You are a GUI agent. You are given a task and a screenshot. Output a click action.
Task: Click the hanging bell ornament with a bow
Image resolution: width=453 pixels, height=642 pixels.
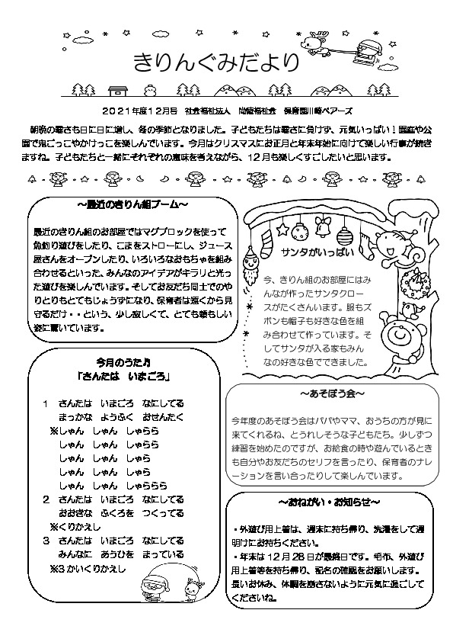pos(321,226)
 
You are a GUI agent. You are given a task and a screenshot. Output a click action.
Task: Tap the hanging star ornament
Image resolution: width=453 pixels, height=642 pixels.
pos(282,228)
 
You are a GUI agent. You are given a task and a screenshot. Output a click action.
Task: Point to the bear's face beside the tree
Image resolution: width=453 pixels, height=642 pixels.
pos(397,335)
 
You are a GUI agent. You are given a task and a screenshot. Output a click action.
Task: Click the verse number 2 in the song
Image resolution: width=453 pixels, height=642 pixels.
pos(46,499)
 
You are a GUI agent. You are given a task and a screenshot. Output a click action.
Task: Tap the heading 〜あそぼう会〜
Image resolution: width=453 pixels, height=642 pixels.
pos(333,396)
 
